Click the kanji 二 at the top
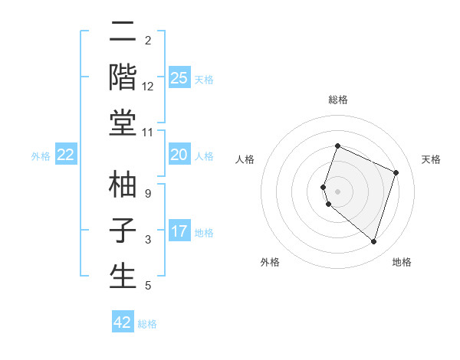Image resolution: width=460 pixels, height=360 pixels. pyautogui.click(x=123, y=34)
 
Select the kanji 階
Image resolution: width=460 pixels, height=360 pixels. pyautogui.click(x=123, y=79)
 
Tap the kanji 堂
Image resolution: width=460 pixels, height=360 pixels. pyautogui.click(x=123, y=125)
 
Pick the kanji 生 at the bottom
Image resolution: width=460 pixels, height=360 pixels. pyautogui.click(x=123, y=277)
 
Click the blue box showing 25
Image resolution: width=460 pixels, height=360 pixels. pyautogui.click(x=179, y=77)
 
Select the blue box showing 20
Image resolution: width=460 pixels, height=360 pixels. pyautogui.click(x=179, y=155)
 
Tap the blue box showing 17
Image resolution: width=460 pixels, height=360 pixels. pyautogui.click(x=179, y=231)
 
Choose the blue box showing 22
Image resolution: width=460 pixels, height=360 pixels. pyautogui.click(x=66, y=155)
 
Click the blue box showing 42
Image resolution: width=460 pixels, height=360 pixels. pyautogui.click(x=123, y=322)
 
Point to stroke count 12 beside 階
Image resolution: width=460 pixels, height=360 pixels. pyautogui.click(x=148, y=87)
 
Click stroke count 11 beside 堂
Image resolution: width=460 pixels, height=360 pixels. pyautogui.click(x=148, y=133)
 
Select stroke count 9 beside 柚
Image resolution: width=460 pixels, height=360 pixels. pyautogui.click(x=148, y=193)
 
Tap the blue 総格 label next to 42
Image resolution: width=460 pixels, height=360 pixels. pyautogui.click(x=147, y=324)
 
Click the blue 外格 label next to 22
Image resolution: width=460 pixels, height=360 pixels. pyautogui.click(x=41, y=156)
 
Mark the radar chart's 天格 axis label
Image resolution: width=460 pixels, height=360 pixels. pyautogui.click(x=432, y=159)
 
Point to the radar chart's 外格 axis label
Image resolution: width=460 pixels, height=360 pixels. pyautogui.click(x=270, y=262)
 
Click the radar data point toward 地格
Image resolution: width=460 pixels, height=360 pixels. pyautogui.click(x=373, y=242)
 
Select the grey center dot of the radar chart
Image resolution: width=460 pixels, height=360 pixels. pyautogui.click(x=338, y=191)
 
